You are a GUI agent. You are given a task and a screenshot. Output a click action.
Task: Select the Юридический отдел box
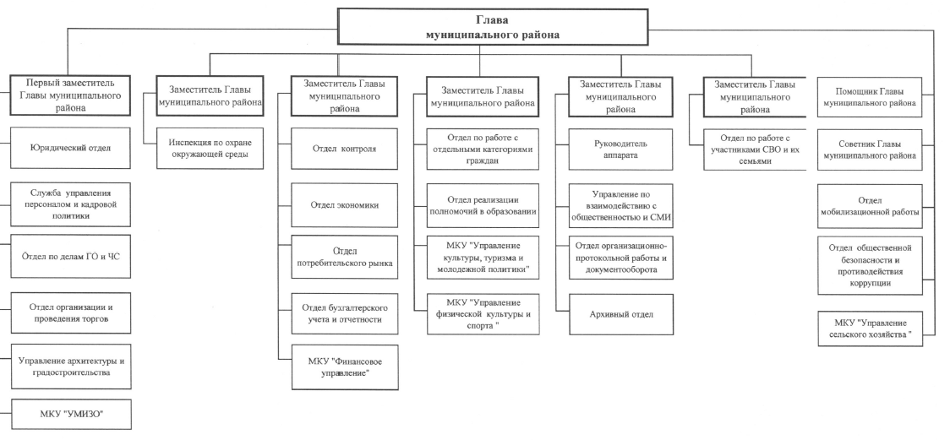(x=70, y=148)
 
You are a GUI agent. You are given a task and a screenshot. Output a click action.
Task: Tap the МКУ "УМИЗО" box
(x=70, y=415)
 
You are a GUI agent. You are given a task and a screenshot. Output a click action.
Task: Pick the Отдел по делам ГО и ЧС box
(x=70, y=257)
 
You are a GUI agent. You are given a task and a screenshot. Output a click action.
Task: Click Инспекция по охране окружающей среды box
(x=210, y=149)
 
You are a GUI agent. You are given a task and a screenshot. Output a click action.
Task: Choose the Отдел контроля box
(x=344, y=149)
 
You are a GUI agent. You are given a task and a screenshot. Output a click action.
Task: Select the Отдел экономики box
(x=344, y=205)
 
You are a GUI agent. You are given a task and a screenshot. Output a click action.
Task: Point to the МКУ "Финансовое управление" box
(x=345, y=367)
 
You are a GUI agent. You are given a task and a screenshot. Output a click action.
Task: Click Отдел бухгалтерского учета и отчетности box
(x=344, y=313)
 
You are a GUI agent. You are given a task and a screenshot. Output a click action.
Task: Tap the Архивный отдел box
(x=621, y=314)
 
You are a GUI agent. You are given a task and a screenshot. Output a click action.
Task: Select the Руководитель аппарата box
(x=621, y=149)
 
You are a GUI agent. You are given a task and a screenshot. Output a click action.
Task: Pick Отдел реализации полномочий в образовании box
(x=483, y=206)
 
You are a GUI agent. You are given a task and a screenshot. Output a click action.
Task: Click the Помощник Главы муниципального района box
(x=870, y=97)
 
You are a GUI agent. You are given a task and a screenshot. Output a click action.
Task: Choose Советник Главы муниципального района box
(x=870, y=150)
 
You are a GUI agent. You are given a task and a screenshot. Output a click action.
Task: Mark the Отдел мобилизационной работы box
(x=870, y=206)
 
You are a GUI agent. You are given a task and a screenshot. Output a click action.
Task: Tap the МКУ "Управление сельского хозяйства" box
(x=870, y=329)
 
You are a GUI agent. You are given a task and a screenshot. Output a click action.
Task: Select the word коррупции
(x=870, y=283)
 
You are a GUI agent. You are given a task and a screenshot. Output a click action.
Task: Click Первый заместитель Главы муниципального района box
(x=70, y=95)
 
